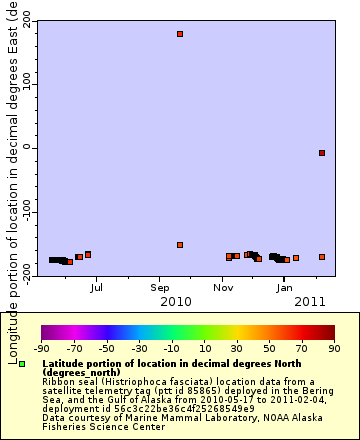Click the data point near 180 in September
point(180,34)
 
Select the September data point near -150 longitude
point(180,245)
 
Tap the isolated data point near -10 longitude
point(322,153)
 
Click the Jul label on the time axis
point(96,287)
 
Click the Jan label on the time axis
point(285,287)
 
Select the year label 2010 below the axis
point(176,301)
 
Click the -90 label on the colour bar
point(42,348)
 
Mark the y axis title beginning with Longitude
point(11,150)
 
